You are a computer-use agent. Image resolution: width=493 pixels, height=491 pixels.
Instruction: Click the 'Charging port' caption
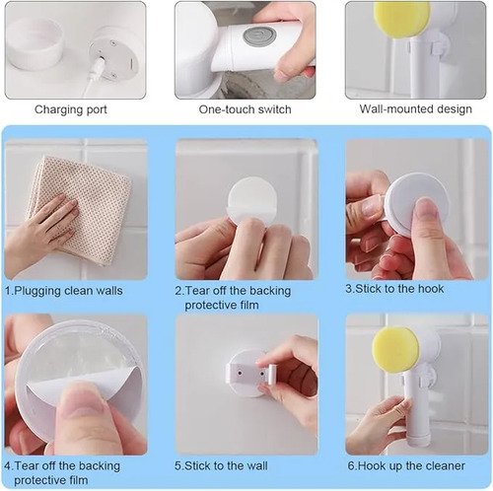(71, 109)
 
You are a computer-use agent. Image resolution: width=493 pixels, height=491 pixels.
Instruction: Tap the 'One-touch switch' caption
(245, 109)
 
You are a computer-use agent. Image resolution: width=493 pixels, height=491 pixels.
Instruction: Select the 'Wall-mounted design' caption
(415, 109)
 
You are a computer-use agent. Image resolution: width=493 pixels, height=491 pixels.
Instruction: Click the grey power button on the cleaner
(259, 36)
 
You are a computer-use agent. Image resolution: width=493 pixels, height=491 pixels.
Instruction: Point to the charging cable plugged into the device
(93, 78)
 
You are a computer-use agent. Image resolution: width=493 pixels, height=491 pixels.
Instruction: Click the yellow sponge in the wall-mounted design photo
(402, 17)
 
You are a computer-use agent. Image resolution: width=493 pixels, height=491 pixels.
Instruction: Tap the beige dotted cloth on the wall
(82, 207)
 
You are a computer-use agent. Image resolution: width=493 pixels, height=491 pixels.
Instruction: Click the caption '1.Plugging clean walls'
(64, 291)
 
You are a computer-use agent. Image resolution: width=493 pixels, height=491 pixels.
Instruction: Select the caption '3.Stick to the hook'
(394, 289)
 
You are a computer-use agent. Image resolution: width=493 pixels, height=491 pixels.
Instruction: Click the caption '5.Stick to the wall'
(221, 465)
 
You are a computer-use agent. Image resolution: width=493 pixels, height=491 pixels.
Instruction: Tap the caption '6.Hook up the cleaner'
(406, 465)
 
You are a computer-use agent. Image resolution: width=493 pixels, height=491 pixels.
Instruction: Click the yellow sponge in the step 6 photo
(395, 349)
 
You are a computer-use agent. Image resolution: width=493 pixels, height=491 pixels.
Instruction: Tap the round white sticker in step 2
(252, 201)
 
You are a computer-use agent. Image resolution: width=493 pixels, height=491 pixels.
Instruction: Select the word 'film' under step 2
(248, 305)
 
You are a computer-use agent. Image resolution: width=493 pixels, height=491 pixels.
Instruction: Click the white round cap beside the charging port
(34, 44)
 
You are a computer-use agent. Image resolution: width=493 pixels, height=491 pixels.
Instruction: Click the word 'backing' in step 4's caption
(100, 466)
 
